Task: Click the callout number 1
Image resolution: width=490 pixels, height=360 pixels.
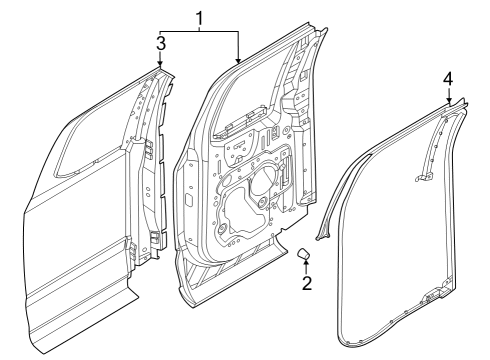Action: click(x=199, y=17)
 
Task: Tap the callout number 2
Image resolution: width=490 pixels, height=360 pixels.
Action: click(x=307, y=283)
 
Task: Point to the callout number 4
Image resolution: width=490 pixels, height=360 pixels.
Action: click(x=449, y=77)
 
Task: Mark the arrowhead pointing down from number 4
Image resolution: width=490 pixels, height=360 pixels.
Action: click(x=449, y=99)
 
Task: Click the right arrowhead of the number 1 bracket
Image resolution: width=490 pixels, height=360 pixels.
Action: click(x=238, y=62)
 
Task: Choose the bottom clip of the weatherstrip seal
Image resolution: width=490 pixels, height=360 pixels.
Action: click(x=433, y=298)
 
